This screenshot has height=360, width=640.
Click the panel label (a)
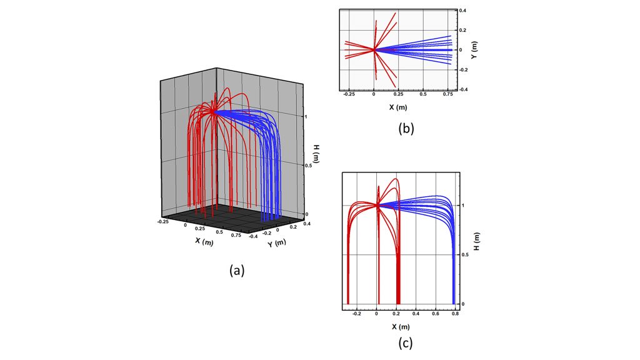pyautogui.click(x=236, y=270)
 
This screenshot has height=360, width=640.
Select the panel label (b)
pyautogui.click(x=406, y=129)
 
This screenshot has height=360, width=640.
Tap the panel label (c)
pyautogui.click(x=406, y=342)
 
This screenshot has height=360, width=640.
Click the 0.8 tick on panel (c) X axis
pyautogui.click(x=455, y=315)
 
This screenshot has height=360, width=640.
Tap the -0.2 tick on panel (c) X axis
pyautogui.click(x=356, y=315)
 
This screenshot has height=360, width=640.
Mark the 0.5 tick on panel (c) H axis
pyautogui.click(x=465, y=254)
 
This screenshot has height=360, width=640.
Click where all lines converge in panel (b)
pyautogui.click(x=374, y=50)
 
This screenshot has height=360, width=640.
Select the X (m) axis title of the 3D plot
pyautogui.click(x=203, y=241)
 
